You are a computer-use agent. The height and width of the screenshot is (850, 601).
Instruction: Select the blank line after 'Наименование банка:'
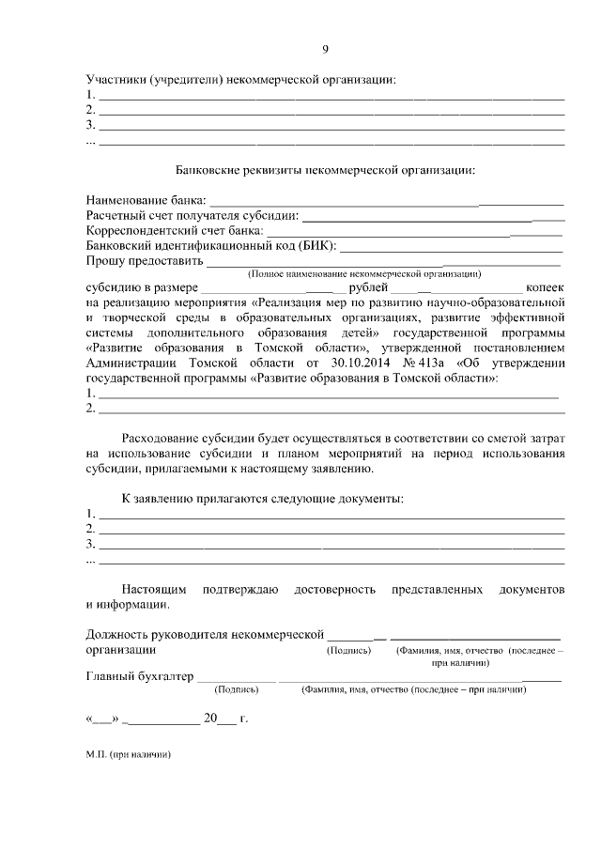pyautogui.click(x=385, y=202)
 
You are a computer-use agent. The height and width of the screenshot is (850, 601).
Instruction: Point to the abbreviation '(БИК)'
pyautogui.click(x=316, y=246)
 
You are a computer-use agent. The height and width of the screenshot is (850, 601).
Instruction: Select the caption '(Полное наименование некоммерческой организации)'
pyautogui.click(x=363, y=274)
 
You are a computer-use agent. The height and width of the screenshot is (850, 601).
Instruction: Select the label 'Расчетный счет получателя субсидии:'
pyautogui.click(x=191, y=217)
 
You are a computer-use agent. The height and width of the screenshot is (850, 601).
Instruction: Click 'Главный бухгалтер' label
pyautogui.click(x=138, y=675)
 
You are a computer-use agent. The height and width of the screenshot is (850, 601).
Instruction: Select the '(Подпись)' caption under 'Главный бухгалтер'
pyautogui.click(x=237, y=689)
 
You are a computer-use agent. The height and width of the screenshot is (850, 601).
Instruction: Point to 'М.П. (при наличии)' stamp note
pyautogui.click(x=128, y=753)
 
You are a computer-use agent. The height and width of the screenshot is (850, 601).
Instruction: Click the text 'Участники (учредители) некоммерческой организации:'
pyautogui.click(x=240, y=80)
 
